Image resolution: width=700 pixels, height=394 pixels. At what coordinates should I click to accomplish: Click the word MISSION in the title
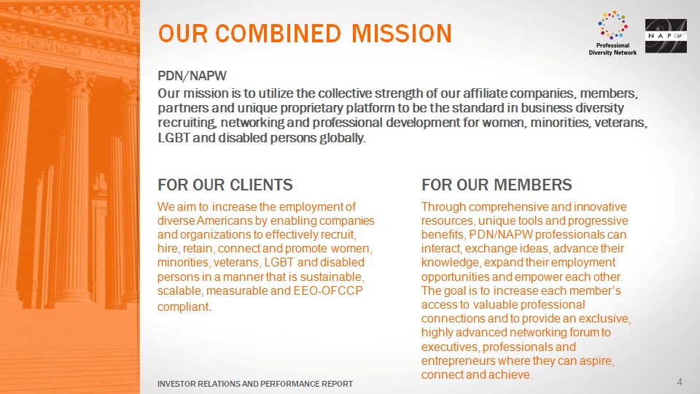pyautogui.click(x=401, y=34)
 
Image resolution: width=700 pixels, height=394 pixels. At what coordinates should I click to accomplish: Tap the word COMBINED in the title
pyautogui.click(x=278, y=34)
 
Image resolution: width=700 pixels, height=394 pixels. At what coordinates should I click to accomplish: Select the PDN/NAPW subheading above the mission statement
pyautogui.click(x=192, y=75)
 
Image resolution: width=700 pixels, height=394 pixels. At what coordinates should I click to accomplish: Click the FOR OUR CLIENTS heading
pyautogui.click(x=225, y=185)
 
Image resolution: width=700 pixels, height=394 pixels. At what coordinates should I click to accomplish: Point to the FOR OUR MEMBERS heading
pyautogui.click(x=497, y=185)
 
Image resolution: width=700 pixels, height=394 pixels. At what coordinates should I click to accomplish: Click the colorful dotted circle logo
pyautogui.click(x=612, y=25)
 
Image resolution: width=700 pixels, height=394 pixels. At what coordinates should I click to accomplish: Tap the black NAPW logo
pyautogui.click(x=666, y=36)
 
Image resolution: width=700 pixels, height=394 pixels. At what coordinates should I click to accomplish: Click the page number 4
pyautogui.click(x=680, y=382)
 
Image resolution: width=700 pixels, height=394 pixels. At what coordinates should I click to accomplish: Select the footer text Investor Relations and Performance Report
pyautogui.click(x=255, y=384)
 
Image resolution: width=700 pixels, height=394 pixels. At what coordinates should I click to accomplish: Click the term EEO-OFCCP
pyautogui.click(x=327, y=291)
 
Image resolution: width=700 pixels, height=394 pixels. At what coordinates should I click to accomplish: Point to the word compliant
pyautogui.click(x=184, y=307)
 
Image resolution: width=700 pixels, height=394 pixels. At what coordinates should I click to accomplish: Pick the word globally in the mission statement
pyautogui.click(x=343, y=138)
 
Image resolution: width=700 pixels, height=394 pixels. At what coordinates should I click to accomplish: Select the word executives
pyautogui.click(x=450, y=347)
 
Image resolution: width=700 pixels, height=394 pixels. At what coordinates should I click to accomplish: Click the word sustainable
pyautogui.click(x=332, y=277)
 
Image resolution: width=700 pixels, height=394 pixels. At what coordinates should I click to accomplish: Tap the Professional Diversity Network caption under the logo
pyautogui.click(x=612, y=49)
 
